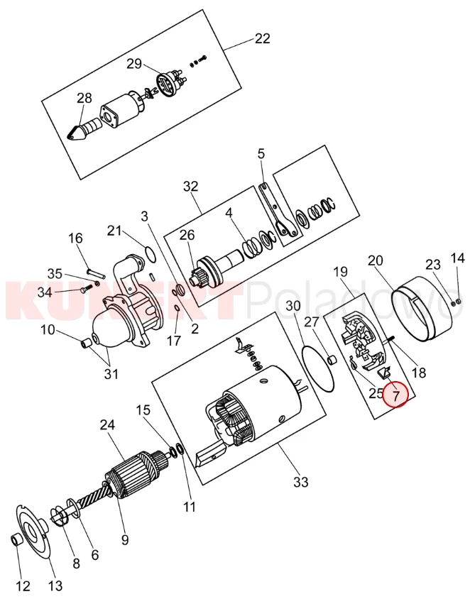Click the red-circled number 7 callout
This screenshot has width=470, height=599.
click(396, 395)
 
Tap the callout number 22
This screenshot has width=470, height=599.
click(262, 38)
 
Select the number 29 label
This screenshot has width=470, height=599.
click(134, 64)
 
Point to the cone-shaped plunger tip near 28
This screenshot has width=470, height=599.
click(79, 133)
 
